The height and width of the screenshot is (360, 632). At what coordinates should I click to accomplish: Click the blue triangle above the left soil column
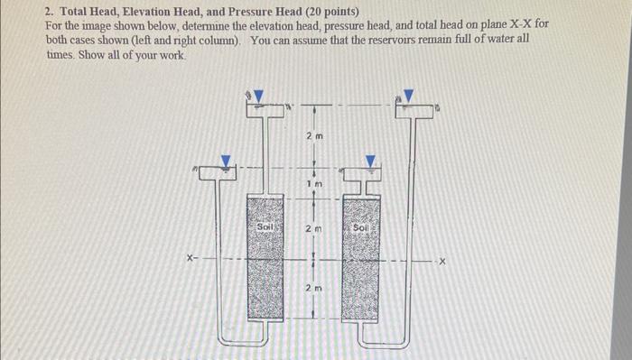(x=258, y=96)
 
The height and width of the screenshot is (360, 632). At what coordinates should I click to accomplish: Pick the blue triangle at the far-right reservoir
(x=408, y=96)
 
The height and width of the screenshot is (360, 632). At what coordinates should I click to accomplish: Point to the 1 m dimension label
(x=313, y=184)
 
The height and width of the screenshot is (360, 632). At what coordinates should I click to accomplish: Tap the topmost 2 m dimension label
(x=313, y=137)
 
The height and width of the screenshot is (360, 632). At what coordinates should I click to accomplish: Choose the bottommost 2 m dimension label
(x=313, y=288)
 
